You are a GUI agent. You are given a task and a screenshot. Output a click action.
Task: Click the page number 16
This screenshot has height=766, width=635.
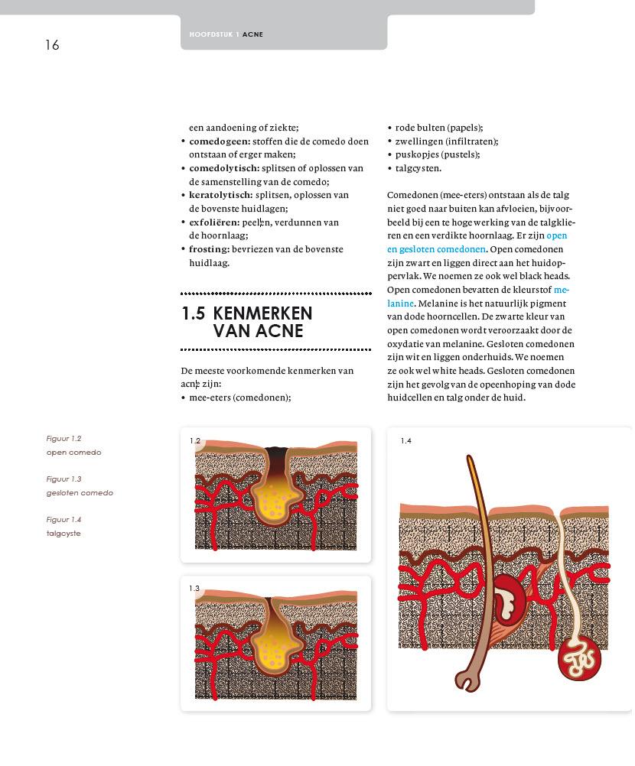pos(52,45)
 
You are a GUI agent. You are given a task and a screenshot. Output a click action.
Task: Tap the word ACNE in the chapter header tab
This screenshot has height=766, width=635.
pos(253,34)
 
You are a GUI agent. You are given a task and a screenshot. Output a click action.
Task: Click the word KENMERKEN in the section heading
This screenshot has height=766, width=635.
pos(262,313)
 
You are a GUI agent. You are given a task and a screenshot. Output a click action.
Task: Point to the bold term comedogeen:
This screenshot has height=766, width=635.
pos(220,141)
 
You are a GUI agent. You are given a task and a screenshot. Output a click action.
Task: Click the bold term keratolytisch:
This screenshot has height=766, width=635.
pos(220,195)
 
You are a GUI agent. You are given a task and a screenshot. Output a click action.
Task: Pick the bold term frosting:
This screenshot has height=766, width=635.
pos(209,249)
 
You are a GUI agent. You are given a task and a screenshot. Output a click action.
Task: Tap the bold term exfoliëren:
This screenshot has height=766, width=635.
pos(214,222)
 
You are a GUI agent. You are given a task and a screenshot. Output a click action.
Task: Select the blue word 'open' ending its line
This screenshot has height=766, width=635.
pos(557,235)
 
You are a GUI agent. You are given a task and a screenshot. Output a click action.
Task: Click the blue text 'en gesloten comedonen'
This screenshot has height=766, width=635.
pos(436,249)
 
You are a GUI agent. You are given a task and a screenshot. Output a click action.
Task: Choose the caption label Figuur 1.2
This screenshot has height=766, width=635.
pos(63,439)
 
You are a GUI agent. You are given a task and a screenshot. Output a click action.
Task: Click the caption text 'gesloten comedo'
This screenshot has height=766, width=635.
pos(80,493)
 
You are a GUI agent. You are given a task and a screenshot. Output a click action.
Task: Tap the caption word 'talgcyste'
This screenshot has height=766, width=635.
pos(63,534)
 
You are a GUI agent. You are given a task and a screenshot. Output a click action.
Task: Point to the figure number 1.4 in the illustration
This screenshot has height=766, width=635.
pos(405,441)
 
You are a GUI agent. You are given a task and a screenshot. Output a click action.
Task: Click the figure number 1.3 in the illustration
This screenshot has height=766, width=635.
pos(194,589)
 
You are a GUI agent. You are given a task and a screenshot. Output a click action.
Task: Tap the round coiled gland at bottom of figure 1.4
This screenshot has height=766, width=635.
pos(579,659)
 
